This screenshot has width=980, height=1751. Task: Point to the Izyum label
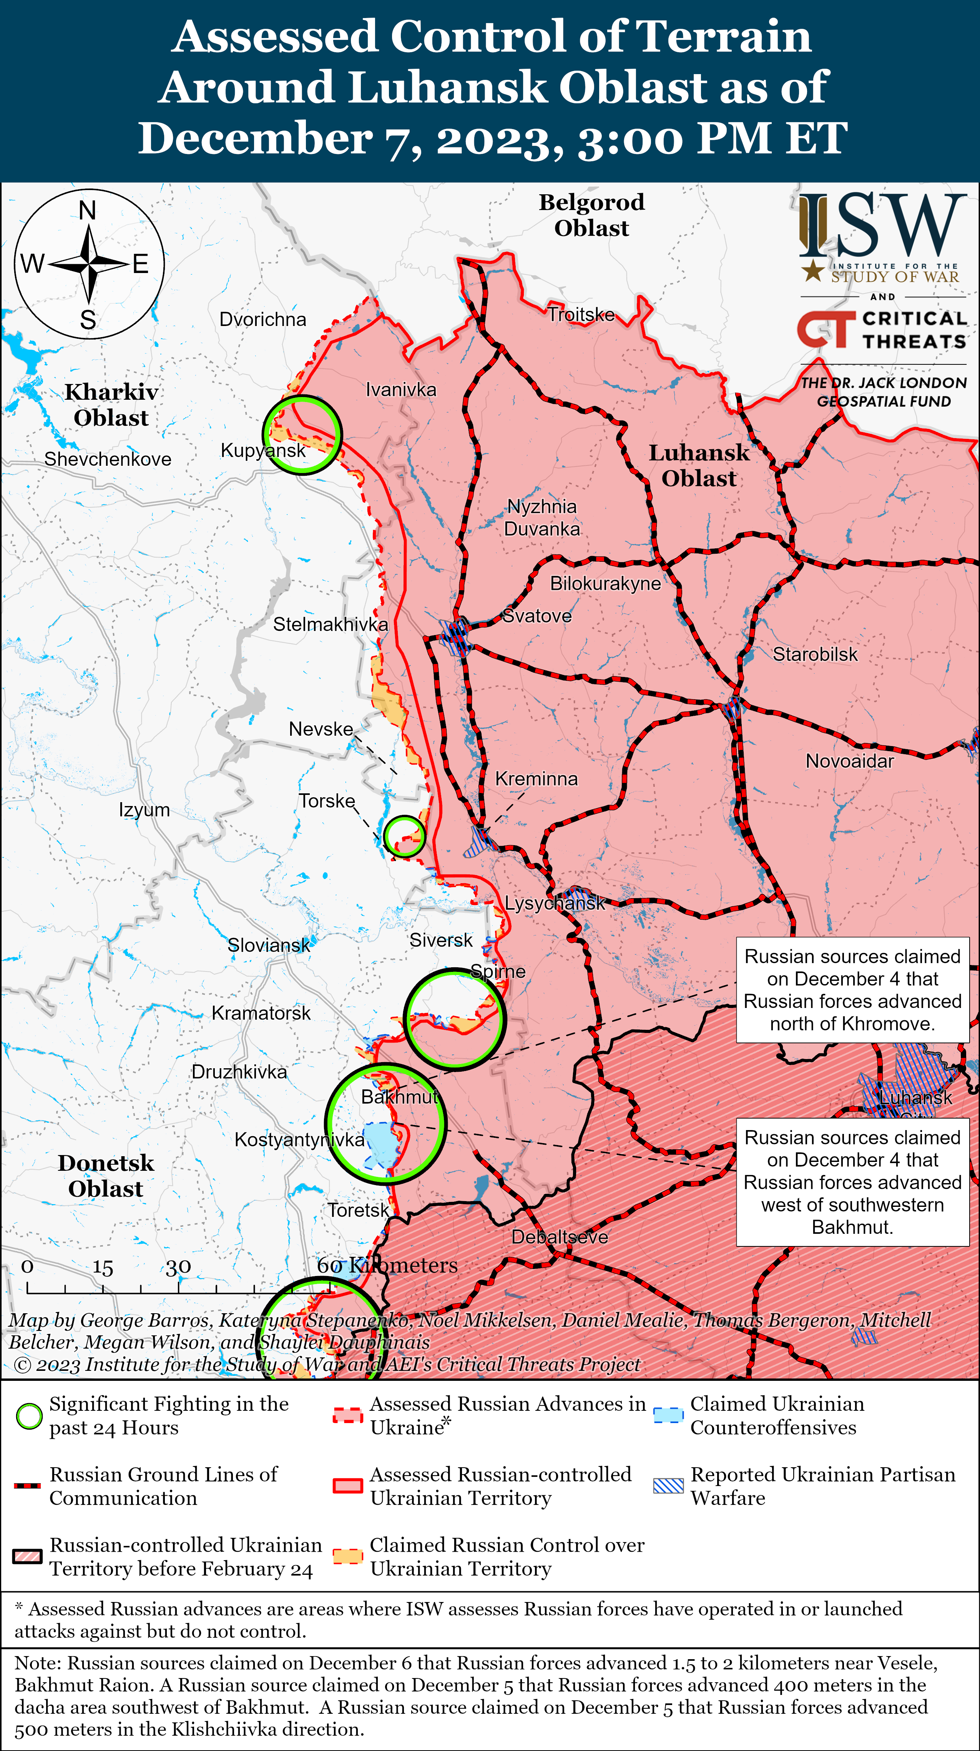point(144,809)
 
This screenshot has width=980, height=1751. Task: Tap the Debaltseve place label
point(559,1236)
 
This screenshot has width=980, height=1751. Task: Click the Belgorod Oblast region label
point(592,215)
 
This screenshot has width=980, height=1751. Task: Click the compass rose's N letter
point(88,211)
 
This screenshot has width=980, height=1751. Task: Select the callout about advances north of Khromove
point(852,990)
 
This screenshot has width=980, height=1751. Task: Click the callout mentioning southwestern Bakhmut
point(852,1182)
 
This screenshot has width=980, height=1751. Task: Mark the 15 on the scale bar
point(103,1267)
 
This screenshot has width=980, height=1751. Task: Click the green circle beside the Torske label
point(404,836)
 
